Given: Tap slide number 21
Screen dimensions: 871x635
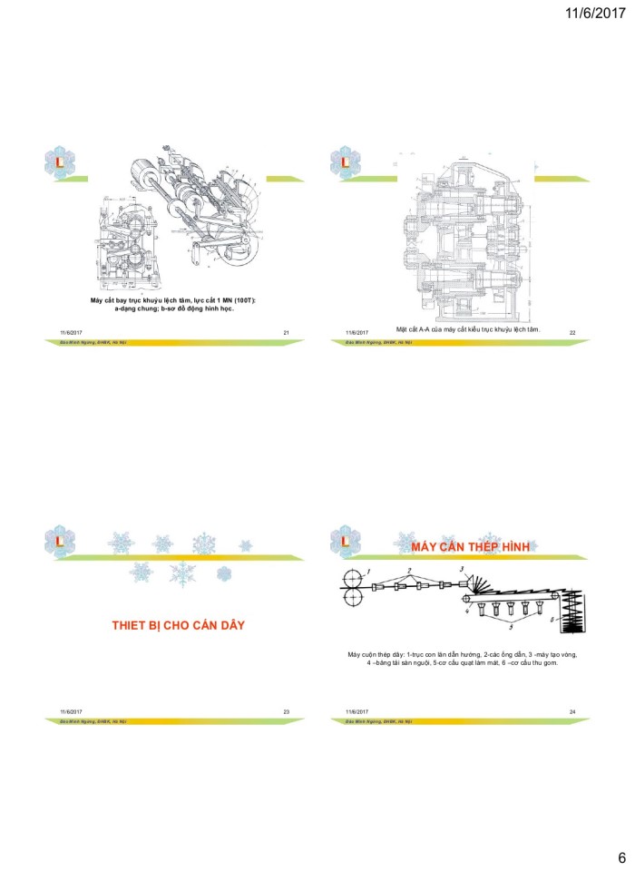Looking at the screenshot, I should (286, 334).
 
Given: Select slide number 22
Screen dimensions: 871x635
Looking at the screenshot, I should (572, 334).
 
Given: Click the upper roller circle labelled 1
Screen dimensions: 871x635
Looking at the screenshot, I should (349, 579).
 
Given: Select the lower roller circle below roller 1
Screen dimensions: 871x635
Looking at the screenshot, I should (349, 597).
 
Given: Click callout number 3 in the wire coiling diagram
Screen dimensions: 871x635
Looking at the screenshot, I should (461, 569).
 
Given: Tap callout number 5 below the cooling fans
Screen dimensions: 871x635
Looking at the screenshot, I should (511, 627).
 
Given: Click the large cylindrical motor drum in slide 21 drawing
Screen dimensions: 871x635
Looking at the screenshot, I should (145, 172).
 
